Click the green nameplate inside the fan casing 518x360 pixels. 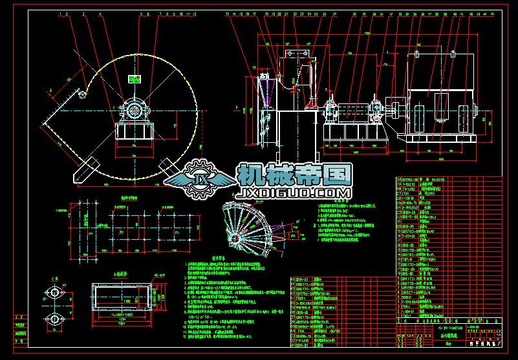pos(135,79)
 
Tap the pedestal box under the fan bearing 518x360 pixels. pos(135,130)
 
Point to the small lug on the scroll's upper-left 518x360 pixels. pos(82,96)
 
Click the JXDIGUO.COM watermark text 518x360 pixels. pos(295,193)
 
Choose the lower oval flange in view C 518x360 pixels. pos(54,318)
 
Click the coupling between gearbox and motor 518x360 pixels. pos(391,107)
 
